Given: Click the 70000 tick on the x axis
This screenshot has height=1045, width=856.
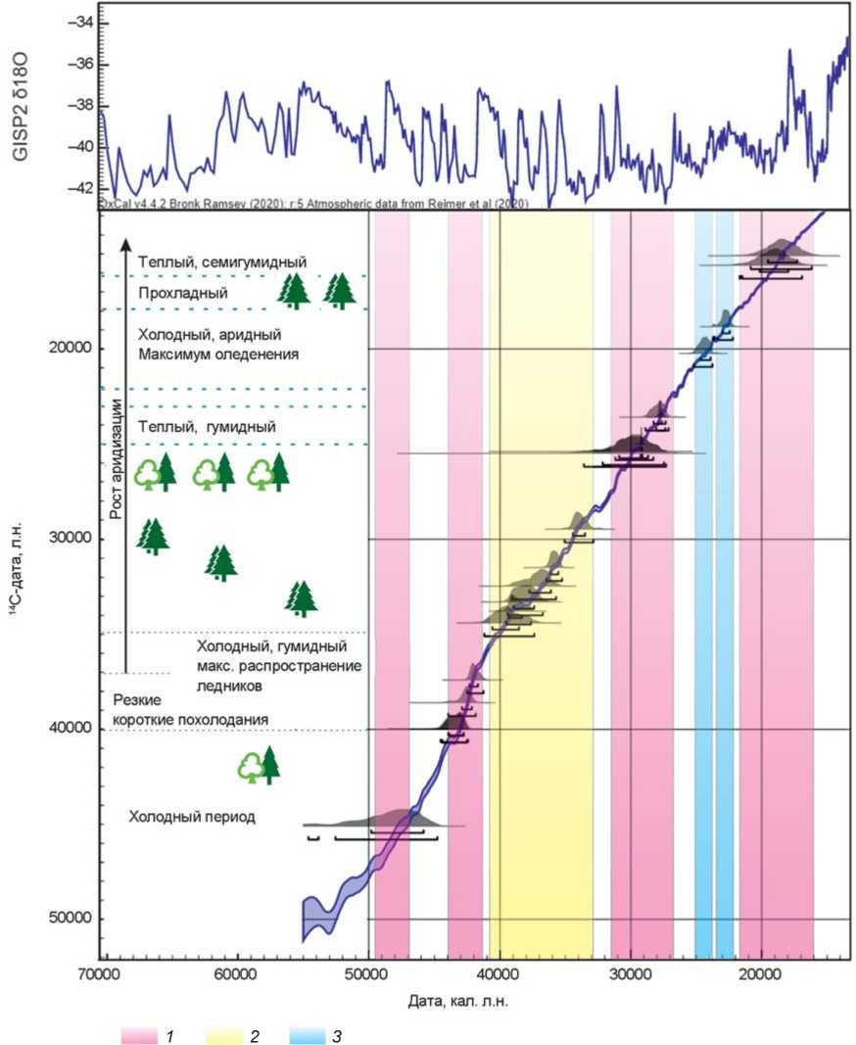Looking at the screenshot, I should click(x=100, y=976).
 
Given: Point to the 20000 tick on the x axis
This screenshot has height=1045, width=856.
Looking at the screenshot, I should click(x=761, y=976).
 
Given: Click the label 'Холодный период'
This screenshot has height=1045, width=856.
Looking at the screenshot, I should click(x=192, y=816).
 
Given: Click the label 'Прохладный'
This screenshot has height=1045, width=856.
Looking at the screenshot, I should click(x=183, y=293).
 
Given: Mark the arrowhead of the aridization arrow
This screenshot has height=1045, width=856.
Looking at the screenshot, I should click(x=125, y=240).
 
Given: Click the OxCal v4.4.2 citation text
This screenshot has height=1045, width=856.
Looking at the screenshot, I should click(x=313, y=204).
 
